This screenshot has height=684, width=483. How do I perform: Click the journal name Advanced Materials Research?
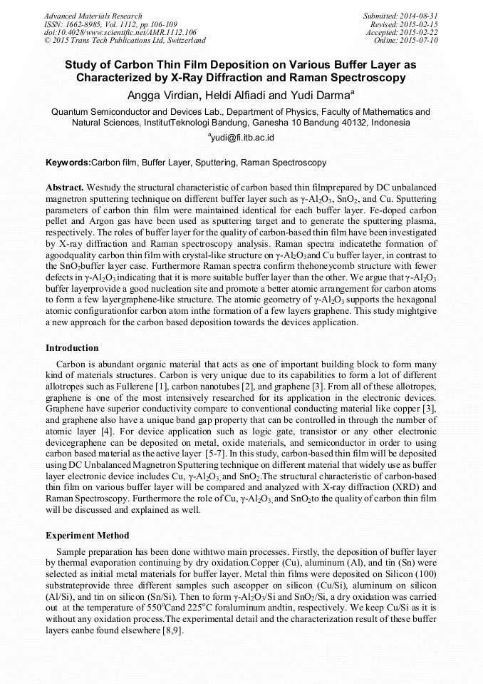point(93,16)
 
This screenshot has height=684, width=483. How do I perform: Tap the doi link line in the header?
point(120,32)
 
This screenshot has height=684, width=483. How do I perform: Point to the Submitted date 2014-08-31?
point(420,16)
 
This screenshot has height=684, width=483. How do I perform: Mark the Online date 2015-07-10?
point(422,40)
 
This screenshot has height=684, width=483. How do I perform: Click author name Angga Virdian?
point(162,96)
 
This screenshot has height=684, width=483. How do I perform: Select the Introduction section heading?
point(72,348)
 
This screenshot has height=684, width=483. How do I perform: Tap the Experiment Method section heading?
point(88,535)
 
